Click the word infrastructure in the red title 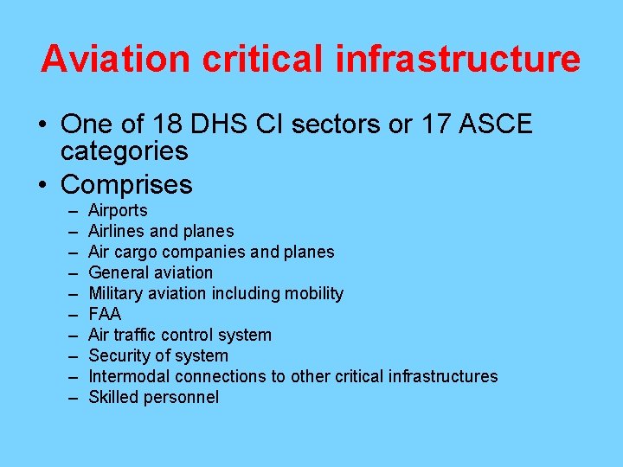pos(459,59)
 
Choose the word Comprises pos(126,184)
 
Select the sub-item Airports pos(118,211)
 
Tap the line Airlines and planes pos(161,232)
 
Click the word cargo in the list pos(136,253)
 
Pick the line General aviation pos(151,273)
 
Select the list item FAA pos(105,314)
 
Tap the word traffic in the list pos(135,335)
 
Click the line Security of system pos(158,355)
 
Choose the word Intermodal pos(129,376)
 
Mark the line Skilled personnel pos(153,397)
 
